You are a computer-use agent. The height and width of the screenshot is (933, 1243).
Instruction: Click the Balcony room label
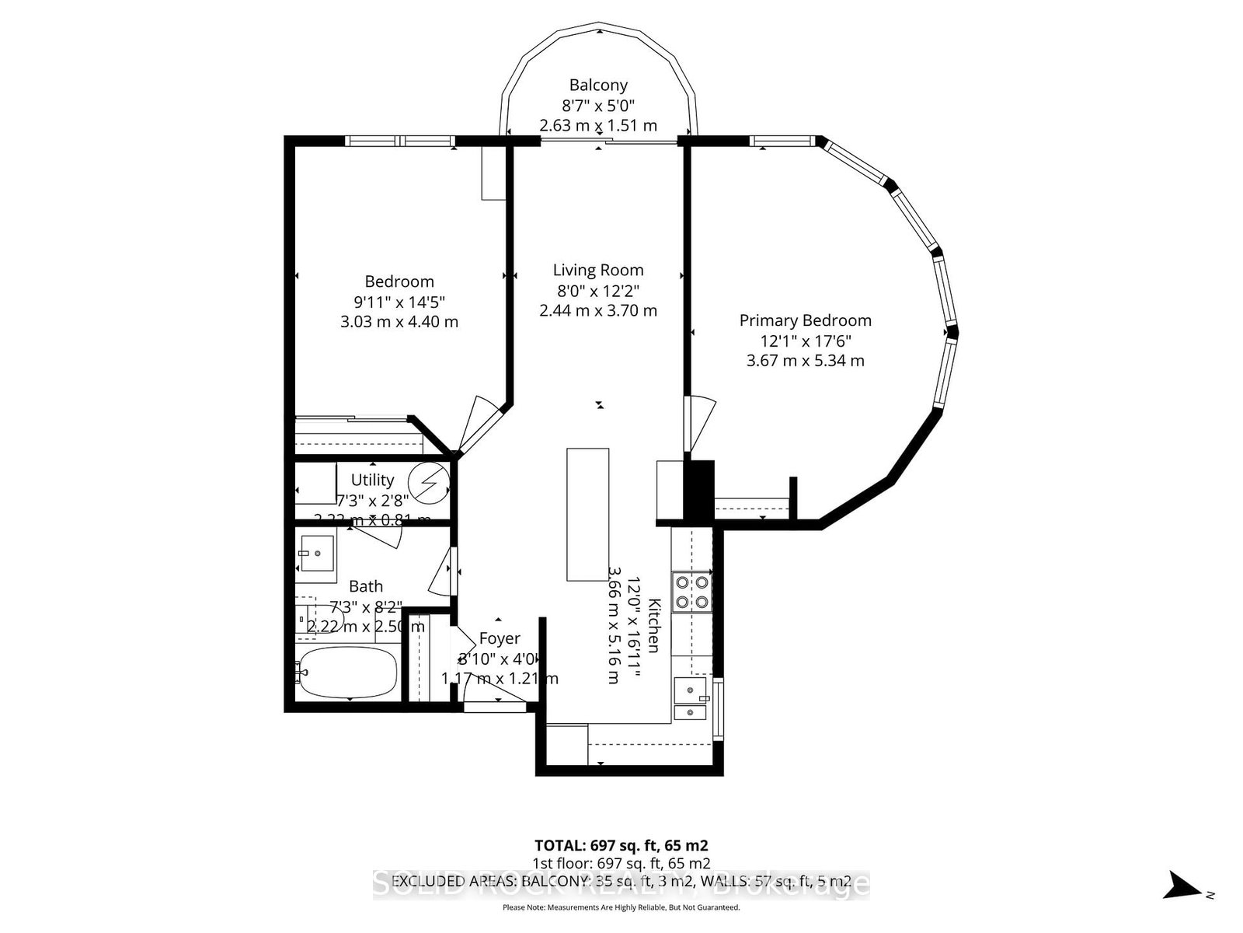pos(598,86)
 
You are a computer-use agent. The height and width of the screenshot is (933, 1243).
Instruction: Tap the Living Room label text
pos(598,271)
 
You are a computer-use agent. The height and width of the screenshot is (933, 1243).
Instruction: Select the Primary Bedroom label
pos(805,320)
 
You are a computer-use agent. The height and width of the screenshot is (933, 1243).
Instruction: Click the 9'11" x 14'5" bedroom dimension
pos(399,302)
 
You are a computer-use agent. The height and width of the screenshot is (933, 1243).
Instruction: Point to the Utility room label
pos(372,480)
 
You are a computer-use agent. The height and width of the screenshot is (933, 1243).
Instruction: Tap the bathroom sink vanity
pos(316,553)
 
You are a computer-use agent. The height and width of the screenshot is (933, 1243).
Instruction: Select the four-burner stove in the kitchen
pos(691,591)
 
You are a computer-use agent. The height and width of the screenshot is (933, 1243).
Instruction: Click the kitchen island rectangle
pos(587,514)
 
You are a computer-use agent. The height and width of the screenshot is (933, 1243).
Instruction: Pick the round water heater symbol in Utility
pos(430,483)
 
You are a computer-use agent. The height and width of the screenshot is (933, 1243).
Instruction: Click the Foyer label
pos(500,638)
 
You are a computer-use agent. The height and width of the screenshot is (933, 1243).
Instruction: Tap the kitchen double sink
pos(691,700)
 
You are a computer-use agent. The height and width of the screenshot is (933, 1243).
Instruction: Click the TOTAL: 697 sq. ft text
pos(621,845)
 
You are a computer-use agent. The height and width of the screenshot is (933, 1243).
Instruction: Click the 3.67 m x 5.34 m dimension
pos(805,361)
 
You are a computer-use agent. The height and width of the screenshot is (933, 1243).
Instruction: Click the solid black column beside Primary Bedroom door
pos(698,489)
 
